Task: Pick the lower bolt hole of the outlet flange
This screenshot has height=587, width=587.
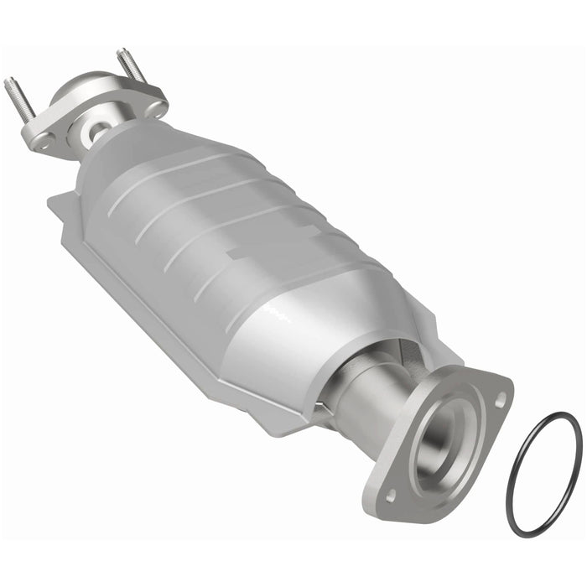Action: [390, 495]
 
